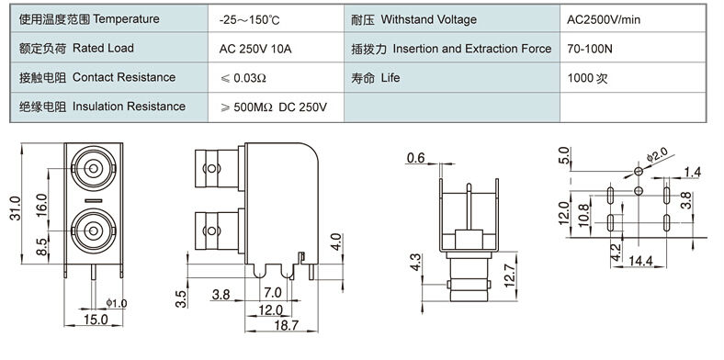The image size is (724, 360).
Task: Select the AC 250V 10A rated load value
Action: [255, 49]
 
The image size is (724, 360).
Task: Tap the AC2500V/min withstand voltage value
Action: [604, 20]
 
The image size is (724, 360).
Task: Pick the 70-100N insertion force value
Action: [590, 49]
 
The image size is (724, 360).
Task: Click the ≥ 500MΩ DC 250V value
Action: [274, 107]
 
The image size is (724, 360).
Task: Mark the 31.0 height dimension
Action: [16, 208]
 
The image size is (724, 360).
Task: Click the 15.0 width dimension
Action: [96, 320]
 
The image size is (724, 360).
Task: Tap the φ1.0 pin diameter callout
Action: [117, 303]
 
